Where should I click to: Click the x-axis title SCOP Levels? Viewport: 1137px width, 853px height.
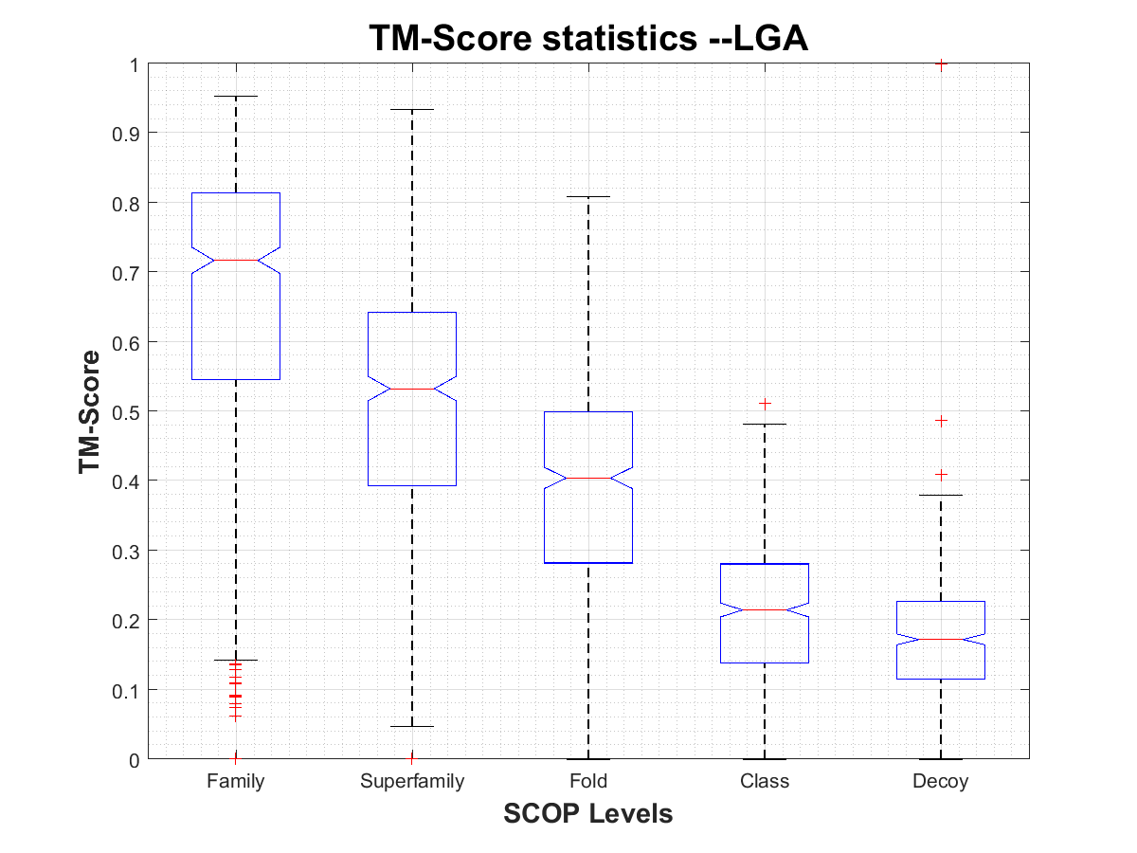point(587,813)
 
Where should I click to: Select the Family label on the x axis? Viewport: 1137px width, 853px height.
point(236,782)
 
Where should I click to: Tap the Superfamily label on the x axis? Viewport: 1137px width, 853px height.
point(412,782)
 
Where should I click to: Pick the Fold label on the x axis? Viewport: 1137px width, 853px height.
point(588,782)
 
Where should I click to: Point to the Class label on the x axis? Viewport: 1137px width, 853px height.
point(765,782)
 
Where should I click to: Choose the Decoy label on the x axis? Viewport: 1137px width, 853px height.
point(941,782)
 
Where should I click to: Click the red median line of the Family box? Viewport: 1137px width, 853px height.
point(236,260)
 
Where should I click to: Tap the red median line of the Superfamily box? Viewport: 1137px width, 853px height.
point(412,389)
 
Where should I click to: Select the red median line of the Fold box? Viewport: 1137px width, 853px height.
point(588,478)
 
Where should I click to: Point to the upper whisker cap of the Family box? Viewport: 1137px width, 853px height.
point(236,96)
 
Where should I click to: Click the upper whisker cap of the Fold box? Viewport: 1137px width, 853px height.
point(588,196)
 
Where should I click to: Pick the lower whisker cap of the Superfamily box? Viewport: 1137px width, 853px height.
point(412,726)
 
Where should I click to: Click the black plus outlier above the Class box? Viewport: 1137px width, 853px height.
point(765,404)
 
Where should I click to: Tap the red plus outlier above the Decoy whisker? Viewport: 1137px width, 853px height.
point(941,474)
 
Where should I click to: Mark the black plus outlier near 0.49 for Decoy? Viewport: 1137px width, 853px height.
point(941,420)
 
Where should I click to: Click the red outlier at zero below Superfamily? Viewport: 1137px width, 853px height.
point(412,757)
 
